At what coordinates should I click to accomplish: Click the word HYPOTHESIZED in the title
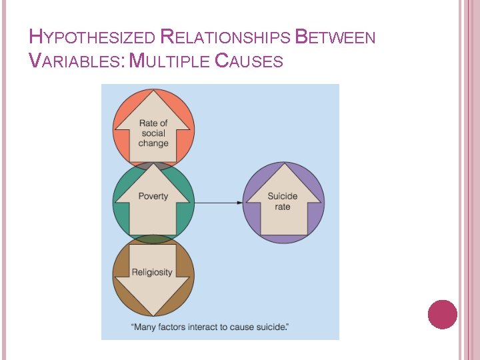[x=93, y=37]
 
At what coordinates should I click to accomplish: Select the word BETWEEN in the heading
[x=335, y=37]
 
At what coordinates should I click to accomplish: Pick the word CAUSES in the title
[x=249, y=61]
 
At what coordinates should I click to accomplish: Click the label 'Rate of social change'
[x=153, y=133]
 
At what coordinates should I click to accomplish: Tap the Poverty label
[x=153, y=196]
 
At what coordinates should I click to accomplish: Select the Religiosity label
[x=152, y=272]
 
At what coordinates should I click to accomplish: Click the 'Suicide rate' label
[x=283, y=201]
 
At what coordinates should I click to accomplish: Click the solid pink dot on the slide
[x=442, y=315]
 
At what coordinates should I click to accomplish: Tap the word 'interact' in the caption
[x=207, y=327]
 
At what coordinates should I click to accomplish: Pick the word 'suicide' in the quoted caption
[x=273, y=327]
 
